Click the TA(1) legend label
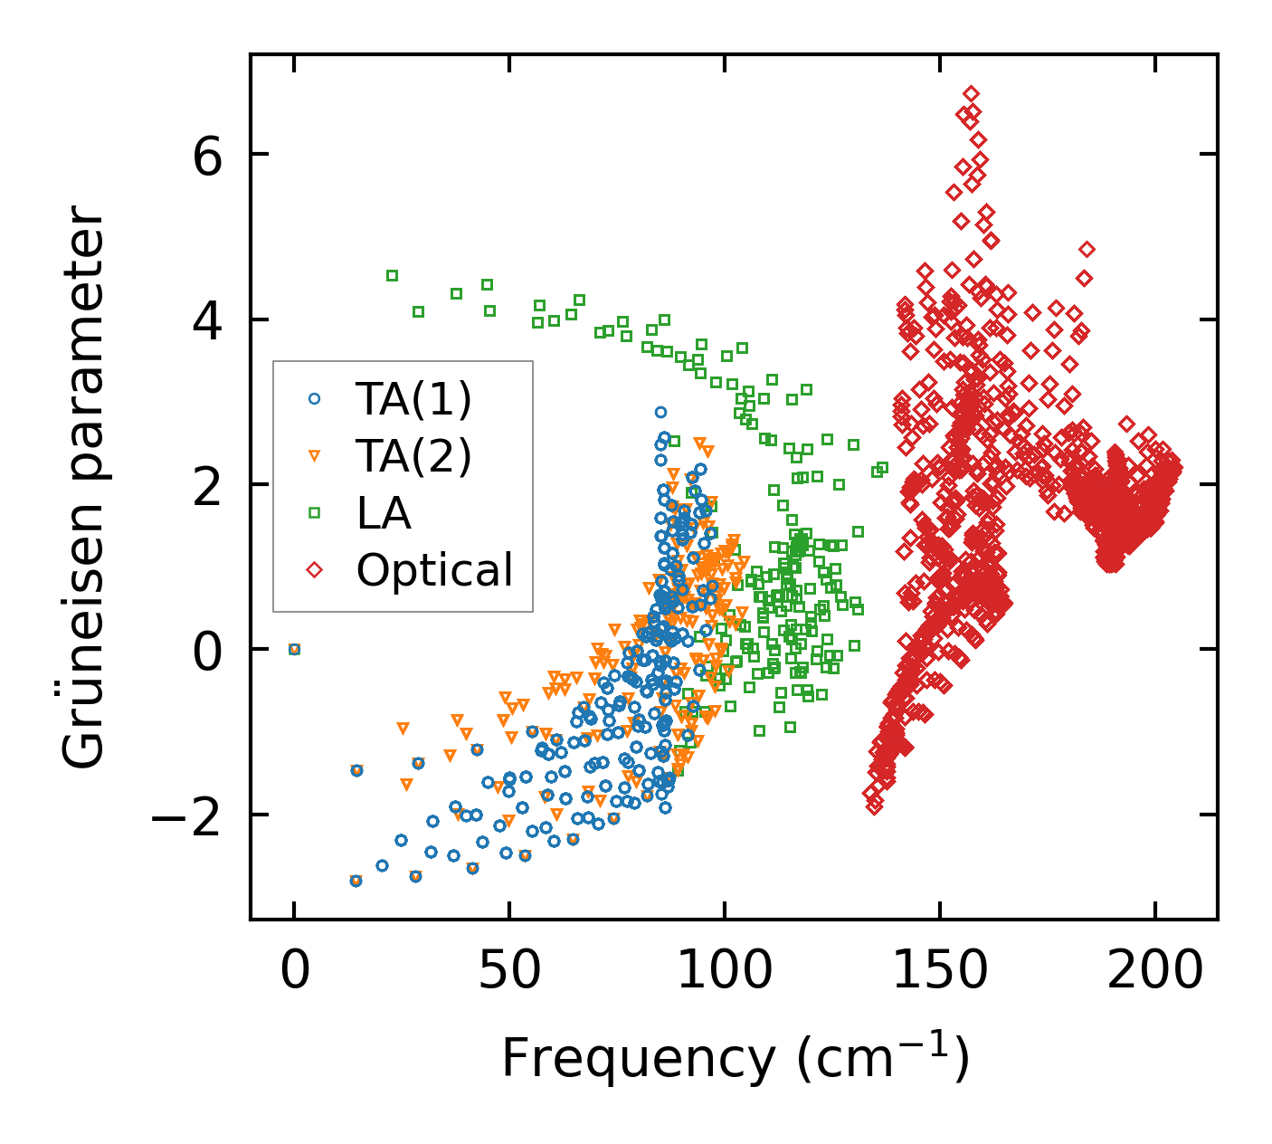coord(413,399)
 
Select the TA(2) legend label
coord(413,456)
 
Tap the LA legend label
coord(384,513)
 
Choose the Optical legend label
coord(434,570)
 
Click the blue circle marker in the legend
coord(315,398)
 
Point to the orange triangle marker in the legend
coord(315,456)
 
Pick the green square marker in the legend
coord(315,513)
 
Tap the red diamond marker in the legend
coord(315,570)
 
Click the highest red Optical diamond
coord(971,93)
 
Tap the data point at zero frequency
coord(294,649)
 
